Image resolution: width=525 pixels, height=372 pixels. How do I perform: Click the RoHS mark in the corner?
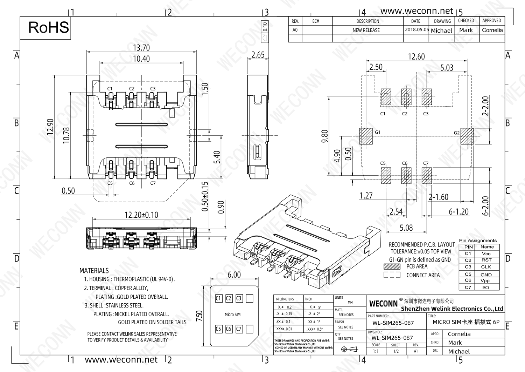pyautogui.click(x=48, y=27)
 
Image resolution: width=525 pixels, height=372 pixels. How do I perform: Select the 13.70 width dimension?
pyautogui.click(x=141, y=48)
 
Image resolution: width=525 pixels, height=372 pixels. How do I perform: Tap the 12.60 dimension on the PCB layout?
pyautogui.click(x=416, y=56)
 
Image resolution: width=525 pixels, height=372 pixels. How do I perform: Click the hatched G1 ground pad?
pyautogui.click(x=366, y=136)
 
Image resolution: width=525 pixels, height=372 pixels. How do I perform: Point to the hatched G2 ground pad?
pyautogui.click(x=467, y=136)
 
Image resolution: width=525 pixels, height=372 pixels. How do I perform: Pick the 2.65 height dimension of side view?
pyautogui.click(x=258, y=55)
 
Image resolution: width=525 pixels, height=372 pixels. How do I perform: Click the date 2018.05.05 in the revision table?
pyautogui.click(x=416, y=30)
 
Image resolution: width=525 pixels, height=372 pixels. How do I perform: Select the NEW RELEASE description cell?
pyautogui.click(x=366, y=30)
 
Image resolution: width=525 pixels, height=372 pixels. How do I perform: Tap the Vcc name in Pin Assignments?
pyautogui.click(x=486, y=253)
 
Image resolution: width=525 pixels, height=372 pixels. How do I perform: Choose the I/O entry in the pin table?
pyautogui.click(x=486, y=288)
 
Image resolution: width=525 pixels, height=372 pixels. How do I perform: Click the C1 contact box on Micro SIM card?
pyautogui.click(x=218, y=298)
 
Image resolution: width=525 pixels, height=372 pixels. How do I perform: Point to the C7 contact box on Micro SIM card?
pyautogui.click(x=239, y=329)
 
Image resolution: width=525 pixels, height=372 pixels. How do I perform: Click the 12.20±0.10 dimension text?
pyautogui.click(x=141, y=215)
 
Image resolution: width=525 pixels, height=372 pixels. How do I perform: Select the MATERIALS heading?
pyautogui.click(x=94, y=271)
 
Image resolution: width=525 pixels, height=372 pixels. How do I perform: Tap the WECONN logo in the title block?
pyautogui.click(x=384, y=304)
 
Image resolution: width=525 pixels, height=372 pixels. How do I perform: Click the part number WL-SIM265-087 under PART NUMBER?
pyautogui.click(x=393, y=323)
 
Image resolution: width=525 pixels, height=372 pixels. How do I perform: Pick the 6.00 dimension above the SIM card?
pyautogui.click(x=234, y=275)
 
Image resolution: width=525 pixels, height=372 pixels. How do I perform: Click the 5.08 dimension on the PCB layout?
pyautogui.click(x=406, y=228)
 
